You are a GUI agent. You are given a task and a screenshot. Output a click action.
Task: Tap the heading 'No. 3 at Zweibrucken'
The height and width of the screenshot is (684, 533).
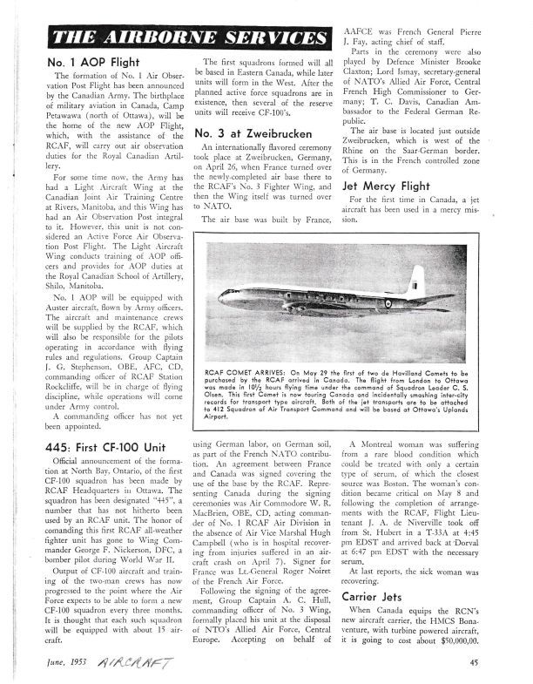253,133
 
